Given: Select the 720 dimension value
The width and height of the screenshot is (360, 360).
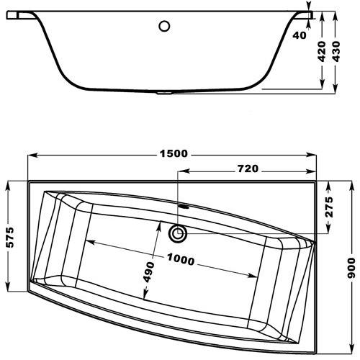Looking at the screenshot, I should (247, 169).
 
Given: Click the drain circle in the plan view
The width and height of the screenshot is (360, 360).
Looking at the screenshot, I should (177, 233).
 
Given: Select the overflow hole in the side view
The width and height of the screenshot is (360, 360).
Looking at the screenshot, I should (165, 27).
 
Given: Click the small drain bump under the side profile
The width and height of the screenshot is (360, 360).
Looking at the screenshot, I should (168, 92).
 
